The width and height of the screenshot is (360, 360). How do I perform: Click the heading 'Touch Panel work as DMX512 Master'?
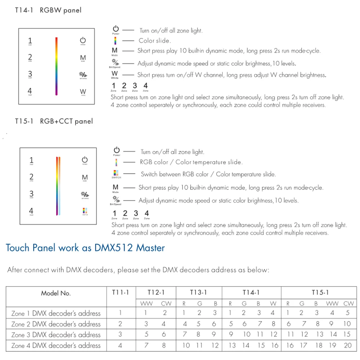[85, 248]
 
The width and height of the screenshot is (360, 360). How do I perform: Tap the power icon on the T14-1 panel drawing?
[83, 40]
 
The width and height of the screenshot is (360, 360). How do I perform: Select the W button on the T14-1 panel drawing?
[83, 92]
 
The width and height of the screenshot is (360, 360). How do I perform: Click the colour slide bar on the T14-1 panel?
[57, 66]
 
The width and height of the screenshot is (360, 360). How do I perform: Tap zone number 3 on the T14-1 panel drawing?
[30, 74]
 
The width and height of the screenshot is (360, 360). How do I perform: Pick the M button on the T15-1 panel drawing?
[85, 177]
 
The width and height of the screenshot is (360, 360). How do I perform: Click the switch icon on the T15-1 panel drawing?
[85, 211]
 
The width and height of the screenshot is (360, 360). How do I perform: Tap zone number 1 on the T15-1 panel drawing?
[31, 160]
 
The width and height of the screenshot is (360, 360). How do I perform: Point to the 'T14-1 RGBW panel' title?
[48, 10]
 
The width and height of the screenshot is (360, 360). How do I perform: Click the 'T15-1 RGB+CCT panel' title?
[54, 121]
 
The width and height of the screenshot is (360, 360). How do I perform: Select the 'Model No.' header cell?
[56, 293]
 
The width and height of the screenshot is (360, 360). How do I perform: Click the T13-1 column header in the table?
[199, 292]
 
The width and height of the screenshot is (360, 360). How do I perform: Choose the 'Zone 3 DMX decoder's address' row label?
[56, 334]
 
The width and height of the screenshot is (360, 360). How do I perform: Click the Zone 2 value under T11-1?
[120, 324]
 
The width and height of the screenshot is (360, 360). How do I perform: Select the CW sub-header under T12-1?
[164, 303]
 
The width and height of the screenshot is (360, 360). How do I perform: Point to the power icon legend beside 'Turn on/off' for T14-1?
[116, 30]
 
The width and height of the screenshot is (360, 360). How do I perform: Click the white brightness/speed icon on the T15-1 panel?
[85, 195]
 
